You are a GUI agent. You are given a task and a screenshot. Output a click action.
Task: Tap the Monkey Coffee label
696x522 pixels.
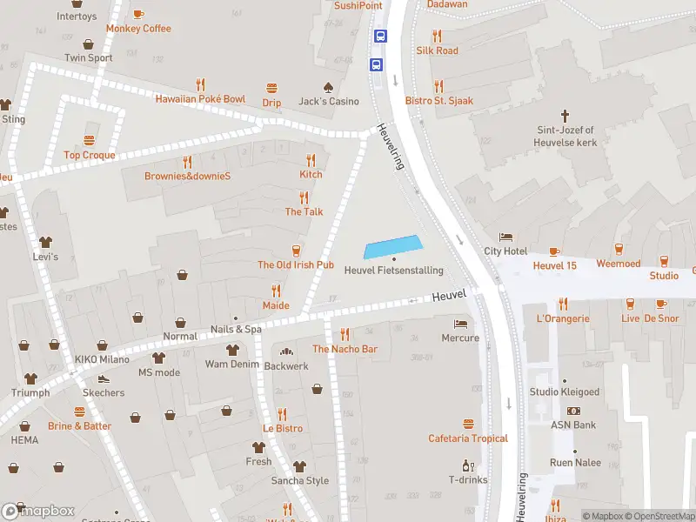pos(138,29)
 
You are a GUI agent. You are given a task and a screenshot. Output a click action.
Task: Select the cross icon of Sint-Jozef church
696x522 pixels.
pos(565,115)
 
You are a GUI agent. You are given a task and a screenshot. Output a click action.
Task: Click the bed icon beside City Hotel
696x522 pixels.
pos(505,237)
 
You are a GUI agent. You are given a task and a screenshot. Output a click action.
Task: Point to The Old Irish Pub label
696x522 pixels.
pos(296,264)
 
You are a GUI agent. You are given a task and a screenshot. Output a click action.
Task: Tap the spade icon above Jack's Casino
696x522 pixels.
pos(328,87)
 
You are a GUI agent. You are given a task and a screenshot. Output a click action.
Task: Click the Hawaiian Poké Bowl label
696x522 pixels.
pos(200,99)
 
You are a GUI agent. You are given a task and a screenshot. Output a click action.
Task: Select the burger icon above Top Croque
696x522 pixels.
pos(89,141)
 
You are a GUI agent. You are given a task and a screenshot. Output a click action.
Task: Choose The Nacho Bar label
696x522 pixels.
pos(345,349)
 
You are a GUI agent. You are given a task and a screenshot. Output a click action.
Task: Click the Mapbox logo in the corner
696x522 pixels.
pos(38,511)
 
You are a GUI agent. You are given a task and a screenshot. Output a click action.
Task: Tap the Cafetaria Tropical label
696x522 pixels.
pos(468,438)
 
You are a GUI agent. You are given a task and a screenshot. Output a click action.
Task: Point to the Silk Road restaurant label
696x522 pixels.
pos(437,50)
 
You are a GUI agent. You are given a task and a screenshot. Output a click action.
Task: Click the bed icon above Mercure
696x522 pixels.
pos(460,324)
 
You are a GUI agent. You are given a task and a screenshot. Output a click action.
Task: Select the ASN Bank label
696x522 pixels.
pos(573,425)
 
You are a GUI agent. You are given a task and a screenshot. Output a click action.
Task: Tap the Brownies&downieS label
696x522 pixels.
pos(187,176)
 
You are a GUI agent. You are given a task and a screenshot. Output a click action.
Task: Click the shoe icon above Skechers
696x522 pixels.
pos(104,379)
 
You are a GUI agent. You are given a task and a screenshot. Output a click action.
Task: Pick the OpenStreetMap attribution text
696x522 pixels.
pos(658,517)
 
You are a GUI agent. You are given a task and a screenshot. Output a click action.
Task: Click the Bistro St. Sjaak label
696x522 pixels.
pos(439,101)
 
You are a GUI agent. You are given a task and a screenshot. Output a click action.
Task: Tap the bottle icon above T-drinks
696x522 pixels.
pos(468,465)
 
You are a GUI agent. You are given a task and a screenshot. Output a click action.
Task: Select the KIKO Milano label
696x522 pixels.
pos(102,359)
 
